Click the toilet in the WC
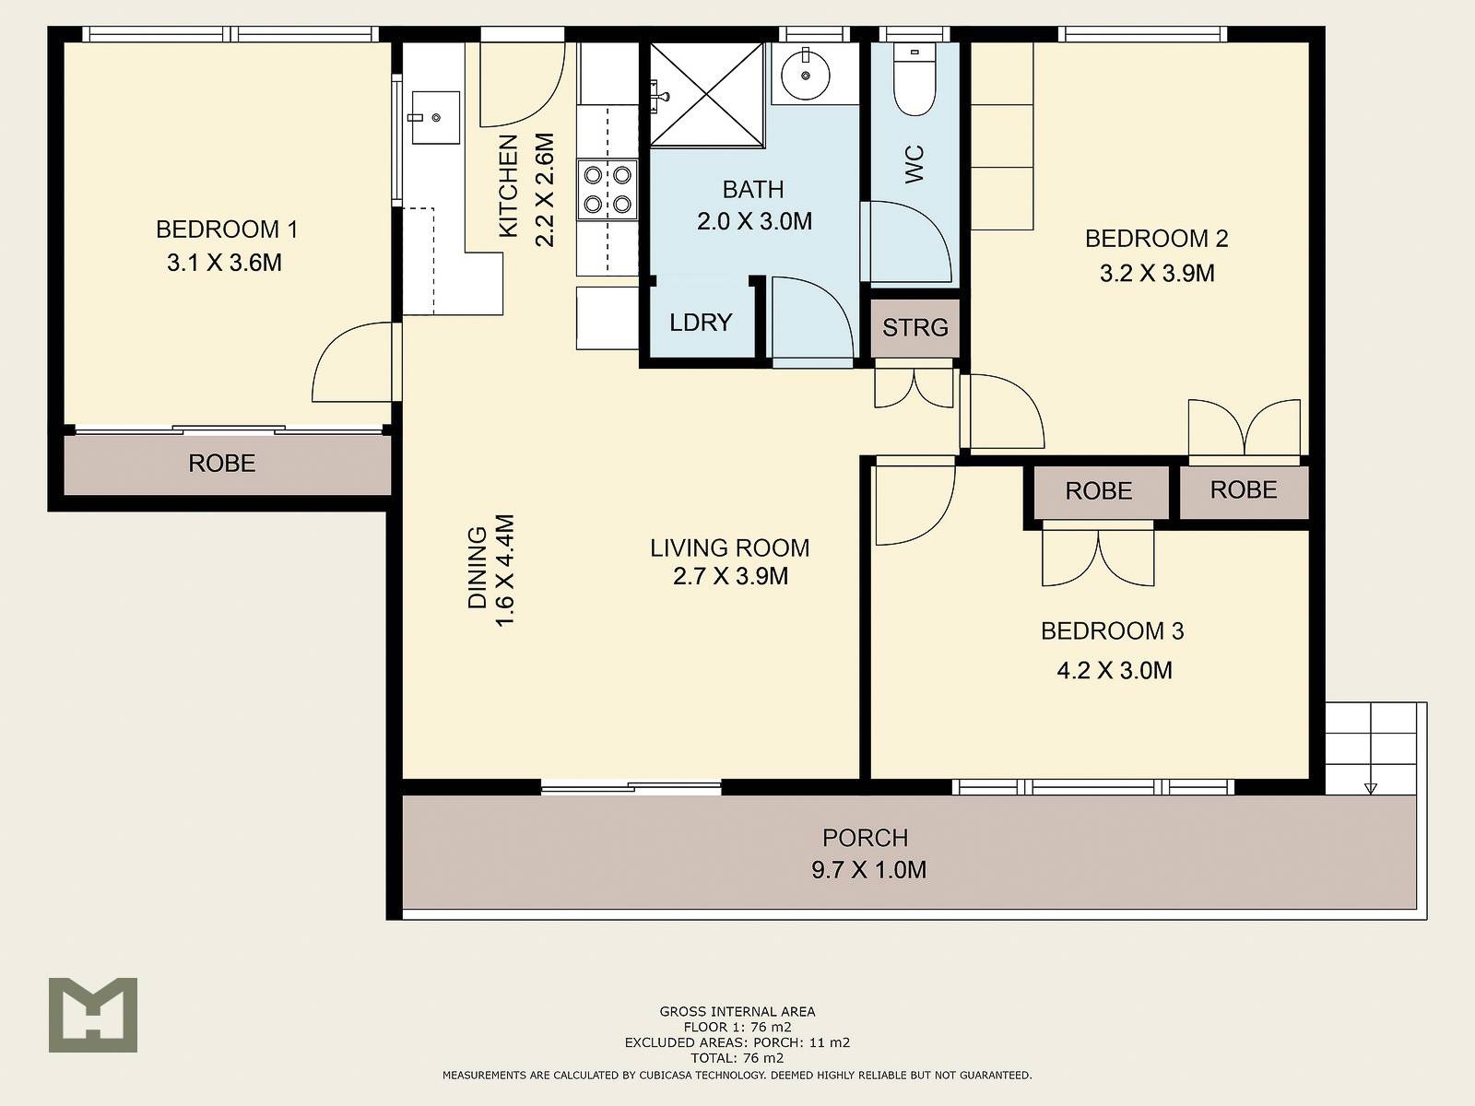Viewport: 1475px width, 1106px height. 914,80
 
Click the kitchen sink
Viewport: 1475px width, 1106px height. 435,118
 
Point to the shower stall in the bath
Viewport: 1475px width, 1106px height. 707,94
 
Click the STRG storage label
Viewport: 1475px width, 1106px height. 915,328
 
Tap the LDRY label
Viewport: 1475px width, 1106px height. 701,323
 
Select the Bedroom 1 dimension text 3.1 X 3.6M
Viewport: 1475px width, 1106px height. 224,263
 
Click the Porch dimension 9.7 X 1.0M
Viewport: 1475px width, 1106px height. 868,870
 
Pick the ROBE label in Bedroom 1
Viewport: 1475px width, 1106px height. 222,464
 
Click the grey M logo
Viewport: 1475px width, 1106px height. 93,1015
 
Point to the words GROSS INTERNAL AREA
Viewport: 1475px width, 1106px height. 737,1011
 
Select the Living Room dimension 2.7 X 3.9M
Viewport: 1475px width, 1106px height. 730,576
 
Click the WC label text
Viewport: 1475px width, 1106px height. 914,164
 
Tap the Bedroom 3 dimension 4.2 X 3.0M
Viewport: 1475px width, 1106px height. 1115,670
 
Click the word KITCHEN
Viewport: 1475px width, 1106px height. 509,186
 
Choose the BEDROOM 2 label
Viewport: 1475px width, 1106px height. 1156,239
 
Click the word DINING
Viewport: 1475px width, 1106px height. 477,568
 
